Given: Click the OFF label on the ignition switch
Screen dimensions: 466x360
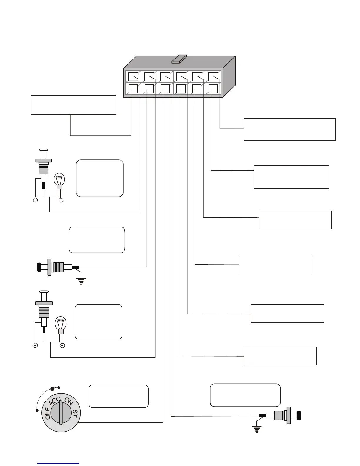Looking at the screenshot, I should [48, 413].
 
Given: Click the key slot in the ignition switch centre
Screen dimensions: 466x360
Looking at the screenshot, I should [61, 412].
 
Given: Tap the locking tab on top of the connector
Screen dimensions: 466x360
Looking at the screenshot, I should [179, 59].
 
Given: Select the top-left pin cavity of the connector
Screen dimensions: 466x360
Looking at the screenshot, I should [133, 76].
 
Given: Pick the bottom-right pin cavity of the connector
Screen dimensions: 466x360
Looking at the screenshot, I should [213, 89].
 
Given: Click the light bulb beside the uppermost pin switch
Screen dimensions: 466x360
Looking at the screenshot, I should [59, 180].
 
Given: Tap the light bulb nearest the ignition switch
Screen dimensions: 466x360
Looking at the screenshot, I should [61, 324].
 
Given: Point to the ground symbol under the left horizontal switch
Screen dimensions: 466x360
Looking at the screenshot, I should [81, 281].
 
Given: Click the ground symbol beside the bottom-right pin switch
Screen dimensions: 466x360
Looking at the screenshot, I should [257, 430].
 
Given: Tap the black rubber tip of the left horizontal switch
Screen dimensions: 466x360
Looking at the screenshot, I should [39, 267].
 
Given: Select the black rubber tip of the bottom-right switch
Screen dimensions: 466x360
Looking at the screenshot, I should [299, 415].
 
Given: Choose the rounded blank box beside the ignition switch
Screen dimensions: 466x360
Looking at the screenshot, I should [118, 396].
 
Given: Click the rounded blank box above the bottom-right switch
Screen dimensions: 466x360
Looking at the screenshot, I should [245, 395].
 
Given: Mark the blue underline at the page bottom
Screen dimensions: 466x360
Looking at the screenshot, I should [58, 464].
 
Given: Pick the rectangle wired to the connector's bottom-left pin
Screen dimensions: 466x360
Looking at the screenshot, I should [73, 105].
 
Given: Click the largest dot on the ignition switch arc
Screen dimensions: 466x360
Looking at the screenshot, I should [53, 389].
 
